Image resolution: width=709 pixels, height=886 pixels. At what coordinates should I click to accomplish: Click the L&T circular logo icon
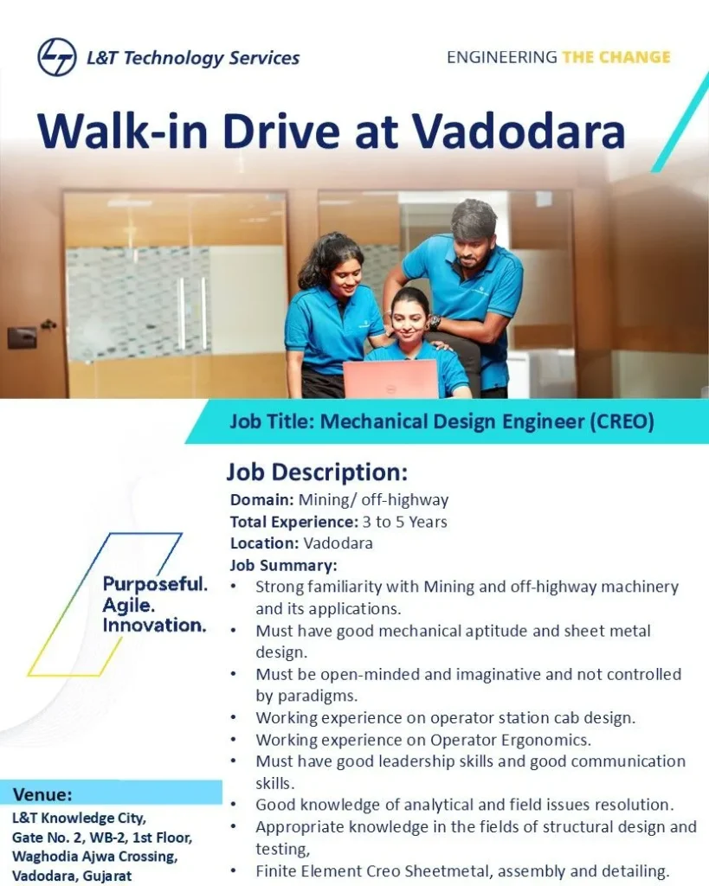(x=57, y=57)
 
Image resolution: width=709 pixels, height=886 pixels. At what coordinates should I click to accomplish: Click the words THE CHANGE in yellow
(x=616, y=57)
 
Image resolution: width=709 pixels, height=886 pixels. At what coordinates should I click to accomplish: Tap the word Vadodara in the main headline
(x=518, y=132)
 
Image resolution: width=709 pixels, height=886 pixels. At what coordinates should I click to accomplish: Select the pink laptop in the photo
(x=390, y=378)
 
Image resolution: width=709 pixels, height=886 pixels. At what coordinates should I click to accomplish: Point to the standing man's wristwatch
(x=435, y=322)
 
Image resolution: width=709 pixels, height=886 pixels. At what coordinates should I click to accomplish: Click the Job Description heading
(x=316, y=472)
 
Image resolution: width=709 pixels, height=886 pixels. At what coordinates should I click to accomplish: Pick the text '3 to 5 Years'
(x=405, y=522)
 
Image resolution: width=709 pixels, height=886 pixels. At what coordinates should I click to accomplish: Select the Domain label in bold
(x=262, y=500)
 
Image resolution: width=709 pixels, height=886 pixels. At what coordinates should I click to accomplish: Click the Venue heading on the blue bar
(x=42, y=794)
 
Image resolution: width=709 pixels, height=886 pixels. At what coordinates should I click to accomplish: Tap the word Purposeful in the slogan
(x=155, y=583)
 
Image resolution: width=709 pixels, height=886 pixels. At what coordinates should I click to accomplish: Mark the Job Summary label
(x=283, y=565)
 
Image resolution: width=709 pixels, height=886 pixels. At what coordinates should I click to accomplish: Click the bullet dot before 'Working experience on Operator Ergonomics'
(x=235, y=740)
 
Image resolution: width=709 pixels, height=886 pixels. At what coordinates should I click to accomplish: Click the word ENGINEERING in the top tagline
(x=501, y=57)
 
